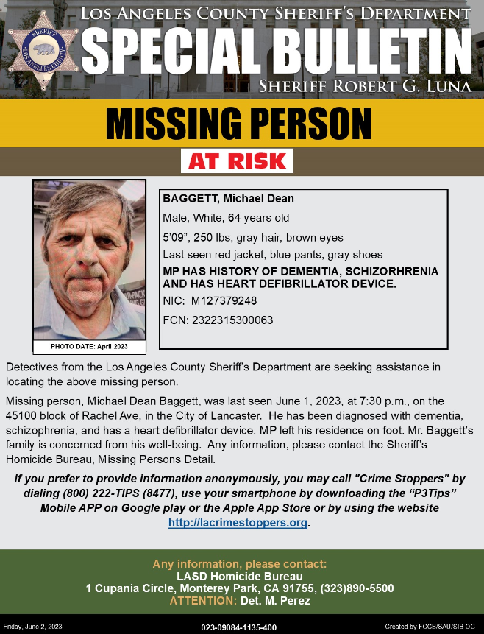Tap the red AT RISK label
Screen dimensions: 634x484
click(237, 161)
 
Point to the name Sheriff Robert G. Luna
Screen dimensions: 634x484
click(365, 87)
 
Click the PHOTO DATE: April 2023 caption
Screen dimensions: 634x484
click(89, 345)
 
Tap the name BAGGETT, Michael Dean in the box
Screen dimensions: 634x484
click(228, 200)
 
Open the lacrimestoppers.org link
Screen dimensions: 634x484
click(238, 523)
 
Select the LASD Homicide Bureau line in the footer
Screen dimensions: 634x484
click(240, 576)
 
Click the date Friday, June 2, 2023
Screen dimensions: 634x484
click(33, 626)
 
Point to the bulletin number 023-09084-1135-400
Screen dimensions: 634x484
click(239, 627)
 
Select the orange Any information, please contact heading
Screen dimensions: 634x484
click(240, 564)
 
